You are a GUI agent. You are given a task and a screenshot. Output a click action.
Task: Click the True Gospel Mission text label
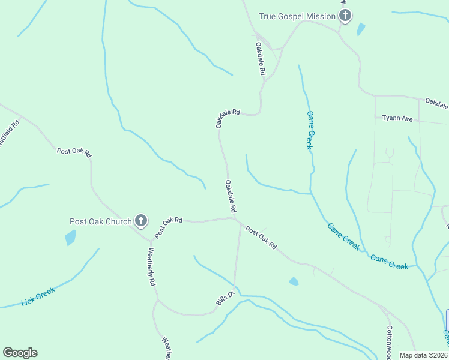[297, 16]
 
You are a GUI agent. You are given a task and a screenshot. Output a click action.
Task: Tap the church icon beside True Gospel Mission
[345, 16]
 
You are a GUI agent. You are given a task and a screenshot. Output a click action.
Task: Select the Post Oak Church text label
[100, 221]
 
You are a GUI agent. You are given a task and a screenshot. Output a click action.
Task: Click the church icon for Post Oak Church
[141, 221]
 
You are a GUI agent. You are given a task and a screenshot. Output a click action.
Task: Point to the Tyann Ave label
[397, 118]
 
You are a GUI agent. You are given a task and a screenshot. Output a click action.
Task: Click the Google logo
[20, 353]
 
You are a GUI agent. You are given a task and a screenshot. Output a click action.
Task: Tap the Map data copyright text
[424, 355]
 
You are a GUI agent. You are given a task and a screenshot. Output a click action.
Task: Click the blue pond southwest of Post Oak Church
[70, 238]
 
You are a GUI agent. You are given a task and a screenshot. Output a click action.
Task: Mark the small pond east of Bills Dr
[294, 281]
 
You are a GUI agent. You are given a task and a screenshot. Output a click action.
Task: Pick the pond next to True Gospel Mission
[360, 29]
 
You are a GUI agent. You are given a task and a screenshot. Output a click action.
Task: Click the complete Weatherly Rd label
[151, 266]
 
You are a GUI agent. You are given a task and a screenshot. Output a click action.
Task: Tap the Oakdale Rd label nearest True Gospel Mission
[261, 58]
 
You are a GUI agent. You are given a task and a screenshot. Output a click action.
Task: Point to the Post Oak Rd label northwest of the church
[74, 152]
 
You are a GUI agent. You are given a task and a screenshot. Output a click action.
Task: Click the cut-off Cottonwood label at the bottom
[389, 342]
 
